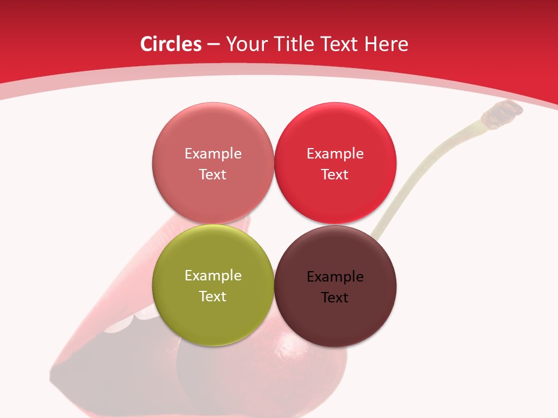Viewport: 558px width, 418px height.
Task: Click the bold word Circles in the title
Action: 170,44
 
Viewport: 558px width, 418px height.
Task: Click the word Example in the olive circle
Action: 213,276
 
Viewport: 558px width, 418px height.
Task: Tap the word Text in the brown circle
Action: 335,298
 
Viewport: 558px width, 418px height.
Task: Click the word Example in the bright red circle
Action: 335,154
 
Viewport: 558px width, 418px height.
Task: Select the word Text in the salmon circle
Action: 213,175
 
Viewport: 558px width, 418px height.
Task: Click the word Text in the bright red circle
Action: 335,175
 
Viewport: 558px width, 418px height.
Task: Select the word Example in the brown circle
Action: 335,277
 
